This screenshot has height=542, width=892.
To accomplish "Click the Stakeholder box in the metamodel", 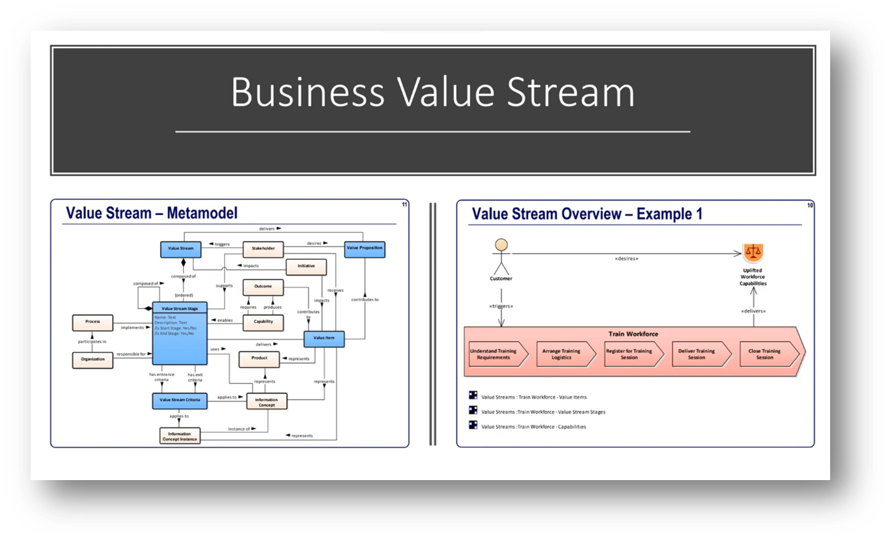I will point(263,248).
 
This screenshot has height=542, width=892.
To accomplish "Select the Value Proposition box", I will point(365,248).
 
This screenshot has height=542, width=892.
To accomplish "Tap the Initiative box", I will point(306,266).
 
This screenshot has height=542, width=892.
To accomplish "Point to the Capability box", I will point(263,321).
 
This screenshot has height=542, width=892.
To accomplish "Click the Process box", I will point(92,322).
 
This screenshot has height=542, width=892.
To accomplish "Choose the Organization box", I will point(92,359).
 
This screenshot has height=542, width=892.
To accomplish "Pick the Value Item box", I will point(324,338).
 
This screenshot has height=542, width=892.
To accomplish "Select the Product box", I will point(259,358).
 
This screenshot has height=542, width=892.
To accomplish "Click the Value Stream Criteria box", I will point(179,399).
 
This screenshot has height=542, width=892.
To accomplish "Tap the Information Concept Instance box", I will point(179,436).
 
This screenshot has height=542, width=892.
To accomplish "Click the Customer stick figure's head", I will point(501,246).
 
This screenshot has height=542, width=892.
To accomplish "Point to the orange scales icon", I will point(753,251).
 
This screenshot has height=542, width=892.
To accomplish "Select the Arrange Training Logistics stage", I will point(563,354).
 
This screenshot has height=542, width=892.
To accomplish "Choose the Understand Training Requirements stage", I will point(494,354).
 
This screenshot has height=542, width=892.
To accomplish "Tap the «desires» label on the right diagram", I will point(626,259).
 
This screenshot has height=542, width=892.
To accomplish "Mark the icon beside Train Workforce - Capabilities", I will point(473,426).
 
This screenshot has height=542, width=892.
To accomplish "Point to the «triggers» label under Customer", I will point(501,306).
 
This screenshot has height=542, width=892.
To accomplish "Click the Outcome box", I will point(263,287).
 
